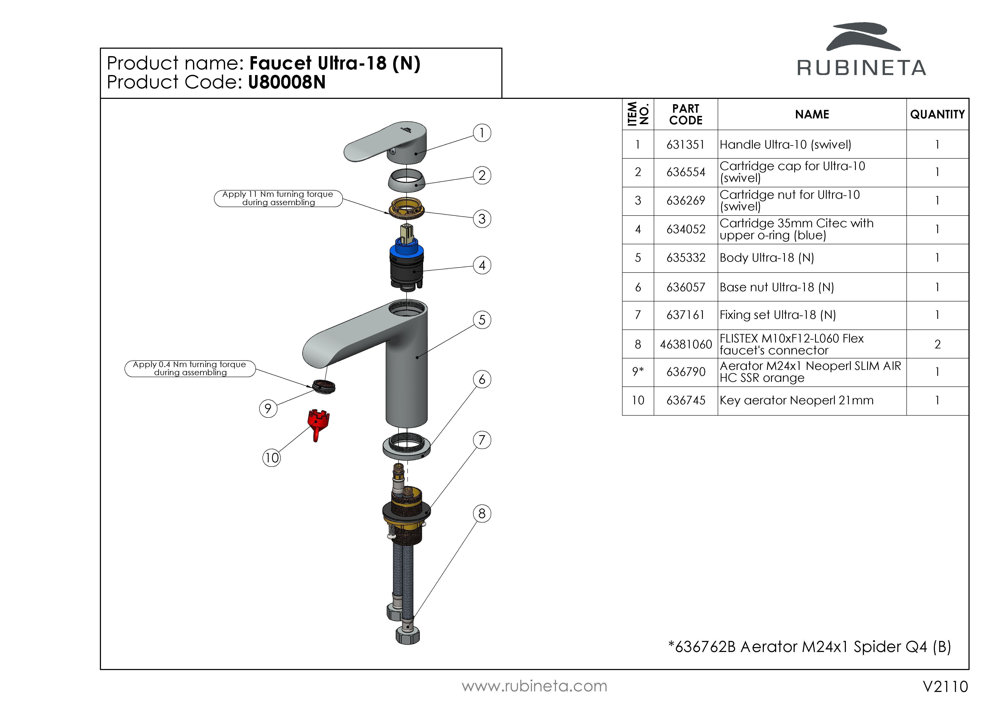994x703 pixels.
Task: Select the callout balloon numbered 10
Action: (271, 458)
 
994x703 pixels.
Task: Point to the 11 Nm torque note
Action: (278, 198)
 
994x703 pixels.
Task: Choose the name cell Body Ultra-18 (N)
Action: (767, 258)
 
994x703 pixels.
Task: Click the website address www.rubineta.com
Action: (534, 686)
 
